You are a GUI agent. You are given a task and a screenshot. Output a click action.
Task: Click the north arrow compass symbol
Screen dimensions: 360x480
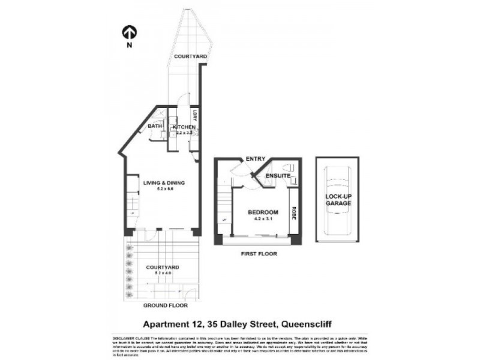pos(129,31)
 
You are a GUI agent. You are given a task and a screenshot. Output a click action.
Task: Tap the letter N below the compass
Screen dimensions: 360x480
pos(129,44)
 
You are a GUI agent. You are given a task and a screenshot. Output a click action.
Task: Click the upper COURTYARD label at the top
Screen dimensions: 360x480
pos(190,56)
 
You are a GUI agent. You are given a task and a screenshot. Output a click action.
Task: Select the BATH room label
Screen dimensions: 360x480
pos(155,127)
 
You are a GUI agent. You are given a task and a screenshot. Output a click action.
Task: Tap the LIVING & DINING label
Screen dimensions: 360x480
pos(163,183)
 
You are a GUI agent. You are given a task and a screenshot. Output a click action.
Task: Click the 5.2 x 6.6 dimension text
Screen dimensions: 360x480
pos(163,190)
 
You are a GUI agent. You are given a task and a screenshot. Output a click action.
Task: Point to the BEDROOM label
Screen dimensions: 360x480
pos(263,213)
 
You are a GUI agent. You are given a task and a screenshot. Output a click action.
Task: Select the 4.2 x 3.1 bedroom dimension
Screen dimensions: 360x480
pos(263,220)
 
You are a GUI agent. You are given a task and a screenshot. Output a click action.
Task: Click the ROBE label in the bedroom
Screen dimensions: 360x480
pos(294,213)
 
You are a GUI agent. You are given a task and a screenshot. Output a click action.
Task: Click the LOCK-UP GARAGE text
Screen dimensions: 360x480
pos(338,200)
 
